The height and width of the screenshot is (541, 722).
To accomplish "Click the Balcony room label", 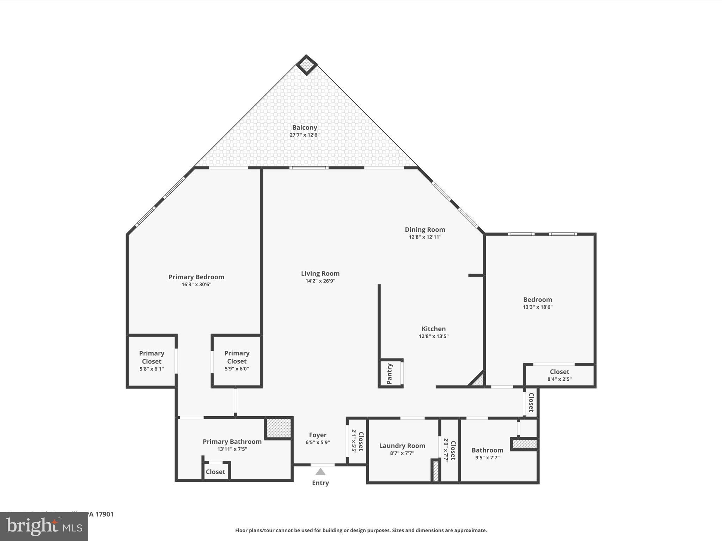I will click(x=304, y=128).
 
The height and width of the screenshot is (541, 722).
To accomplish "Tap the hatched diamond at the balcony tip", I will click(x=307, y=65).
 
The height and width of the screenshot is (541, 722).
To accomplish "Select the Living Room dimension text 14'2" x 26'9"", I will click(x=320, y=281).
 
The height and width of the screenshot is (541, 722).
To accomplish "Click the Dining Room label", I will click(x=425, y=230).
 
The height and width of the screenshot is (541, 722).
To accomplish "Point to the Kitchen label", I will click(x=433, y=329).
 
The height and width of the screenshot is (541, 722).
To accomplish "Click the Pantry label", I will click(x=390, y=374).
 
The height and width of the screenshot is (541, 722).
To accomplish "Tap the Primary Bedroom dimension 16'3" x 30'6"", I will click(x=196, y=285).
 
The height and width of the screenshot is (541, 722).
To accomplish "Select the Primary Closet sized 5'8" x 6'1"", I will click(x=152, y=361).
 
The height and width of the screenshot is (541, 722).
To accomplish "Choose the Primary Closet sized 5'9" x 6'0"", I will click(x=237, y=361).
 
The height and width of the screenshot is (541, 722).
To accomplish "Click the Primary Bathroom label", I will click(x=232, y=442).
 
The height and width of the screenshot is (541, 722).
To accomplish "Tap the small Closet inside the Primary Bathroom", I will click(x=215, y=472).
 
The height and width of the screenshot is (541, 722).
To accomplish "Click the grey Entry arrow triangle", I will click(x=320, y=472).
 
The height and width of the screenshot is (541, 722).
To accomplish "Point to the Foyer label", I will click(x=318, y=435).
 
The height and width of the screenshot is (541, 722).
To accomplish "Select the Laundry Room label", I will click(x=402, y=446).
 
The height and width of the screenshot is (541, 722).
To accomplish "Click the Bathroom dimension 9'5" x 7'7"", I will click(x=487, y=458).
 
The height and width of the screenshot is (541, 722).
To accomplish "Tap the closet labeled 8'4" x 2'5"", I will click(x=559, y=375).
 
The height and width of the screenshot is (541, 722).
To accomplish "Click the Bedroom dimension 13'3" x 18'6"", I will click(x=537, y=307).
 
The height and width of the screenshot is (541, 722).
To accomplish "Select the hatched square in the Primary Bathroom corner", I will click(x=278, y=428).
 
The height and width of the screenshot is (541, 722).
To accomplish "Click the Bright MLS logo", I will click(x=44, y=527).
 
